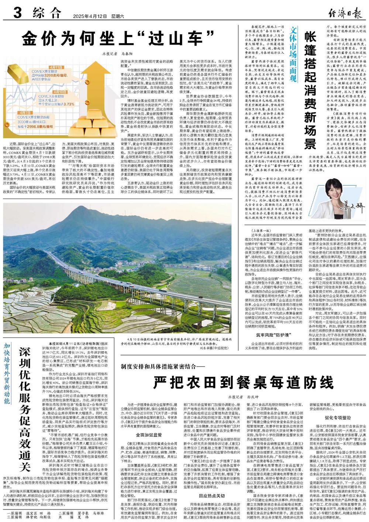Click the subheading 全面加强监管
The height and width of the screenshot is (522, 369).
(x=149, y=434)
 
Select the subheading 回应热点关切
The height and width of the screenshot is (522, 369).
(x=212, y=495)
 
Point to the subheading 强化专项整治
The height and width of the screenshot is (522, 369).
(x=337, y=418)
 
